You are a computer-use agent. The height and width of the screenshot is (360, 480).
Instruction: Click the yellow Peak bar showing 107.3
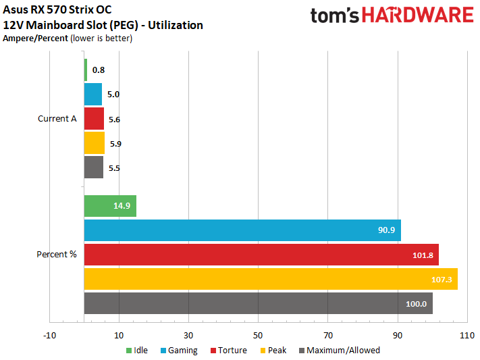pyautogui.click(x=271, y=279)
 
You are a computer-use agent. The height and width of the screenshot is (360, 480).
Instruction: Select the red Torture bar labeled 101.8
pyautogui.click(x=261, y=255)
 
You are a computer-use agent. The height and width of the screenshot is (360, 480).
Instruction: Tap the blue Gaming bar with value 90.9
pyautogui.click(x=242, y=230)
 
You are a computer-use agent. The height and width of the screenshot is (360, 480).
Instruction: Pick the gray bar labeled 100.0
pyautogui.click(x=258, y=303)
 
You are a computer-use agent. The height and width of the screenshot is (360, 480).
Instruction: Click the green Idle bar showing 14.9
pyautogui.click(x=110, y=206)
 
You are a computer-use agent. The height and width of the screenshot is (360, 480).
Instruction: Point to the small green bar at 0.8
pyautogui.click(x=86, y=70)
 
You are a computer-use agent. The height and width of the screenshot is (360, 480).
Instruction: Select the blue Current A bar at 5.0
pyautogui.click(x=93, y=95)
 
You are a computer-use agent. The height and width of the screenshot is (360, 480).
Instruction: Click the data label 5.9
pyautogui.click(x=115, y=144)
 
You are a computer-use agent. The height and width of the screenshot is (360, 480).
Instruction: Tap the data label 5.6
pyautogui.click(x=114, y=120)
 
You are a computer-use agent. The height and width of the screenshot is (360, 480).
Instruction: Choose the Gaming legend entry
pyautogui.click(x=179, y=351)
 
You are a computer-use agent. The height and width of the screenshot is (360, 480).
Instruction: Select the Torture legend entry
pyautogui.click(x=228, y=351)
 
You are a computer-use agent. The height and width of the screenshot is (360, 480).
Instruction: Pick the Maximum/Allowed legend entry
pyautogui.click(x=338, y=351)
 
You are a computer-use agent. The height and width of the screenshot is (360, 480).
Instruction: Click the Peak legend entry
pyautogui.click(x=272, y=351)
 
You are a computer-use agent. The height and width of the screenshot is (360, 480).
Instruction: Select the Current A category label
pyautogui.click(x=57, y=119)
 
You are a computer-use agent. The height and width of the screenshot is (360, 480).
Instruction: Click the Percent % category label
pyautogui.click(x=57, y=255)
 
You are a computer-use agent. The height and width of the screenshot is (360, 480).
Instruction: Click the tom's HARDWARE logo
pyautogui.click(x=392, y=16)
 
